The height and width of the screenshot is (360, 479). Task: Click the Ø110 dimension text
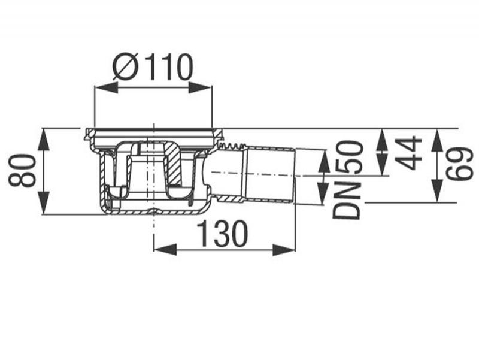[153, 68]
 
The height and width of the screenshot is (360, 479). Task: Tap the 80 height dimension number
[22, 171]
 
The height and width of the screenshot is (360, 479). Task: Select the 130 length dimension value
[222, 234]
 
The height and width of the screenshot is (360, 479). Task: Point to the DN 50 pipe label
[347, 180]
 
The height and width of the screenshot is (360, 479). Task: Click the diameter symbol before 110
[124, 68]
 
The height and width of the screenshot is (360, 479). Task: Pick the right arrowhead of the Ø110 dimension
[200, 88]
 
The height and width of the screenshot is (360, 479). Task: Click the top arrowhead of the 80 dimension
[44, 140]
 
